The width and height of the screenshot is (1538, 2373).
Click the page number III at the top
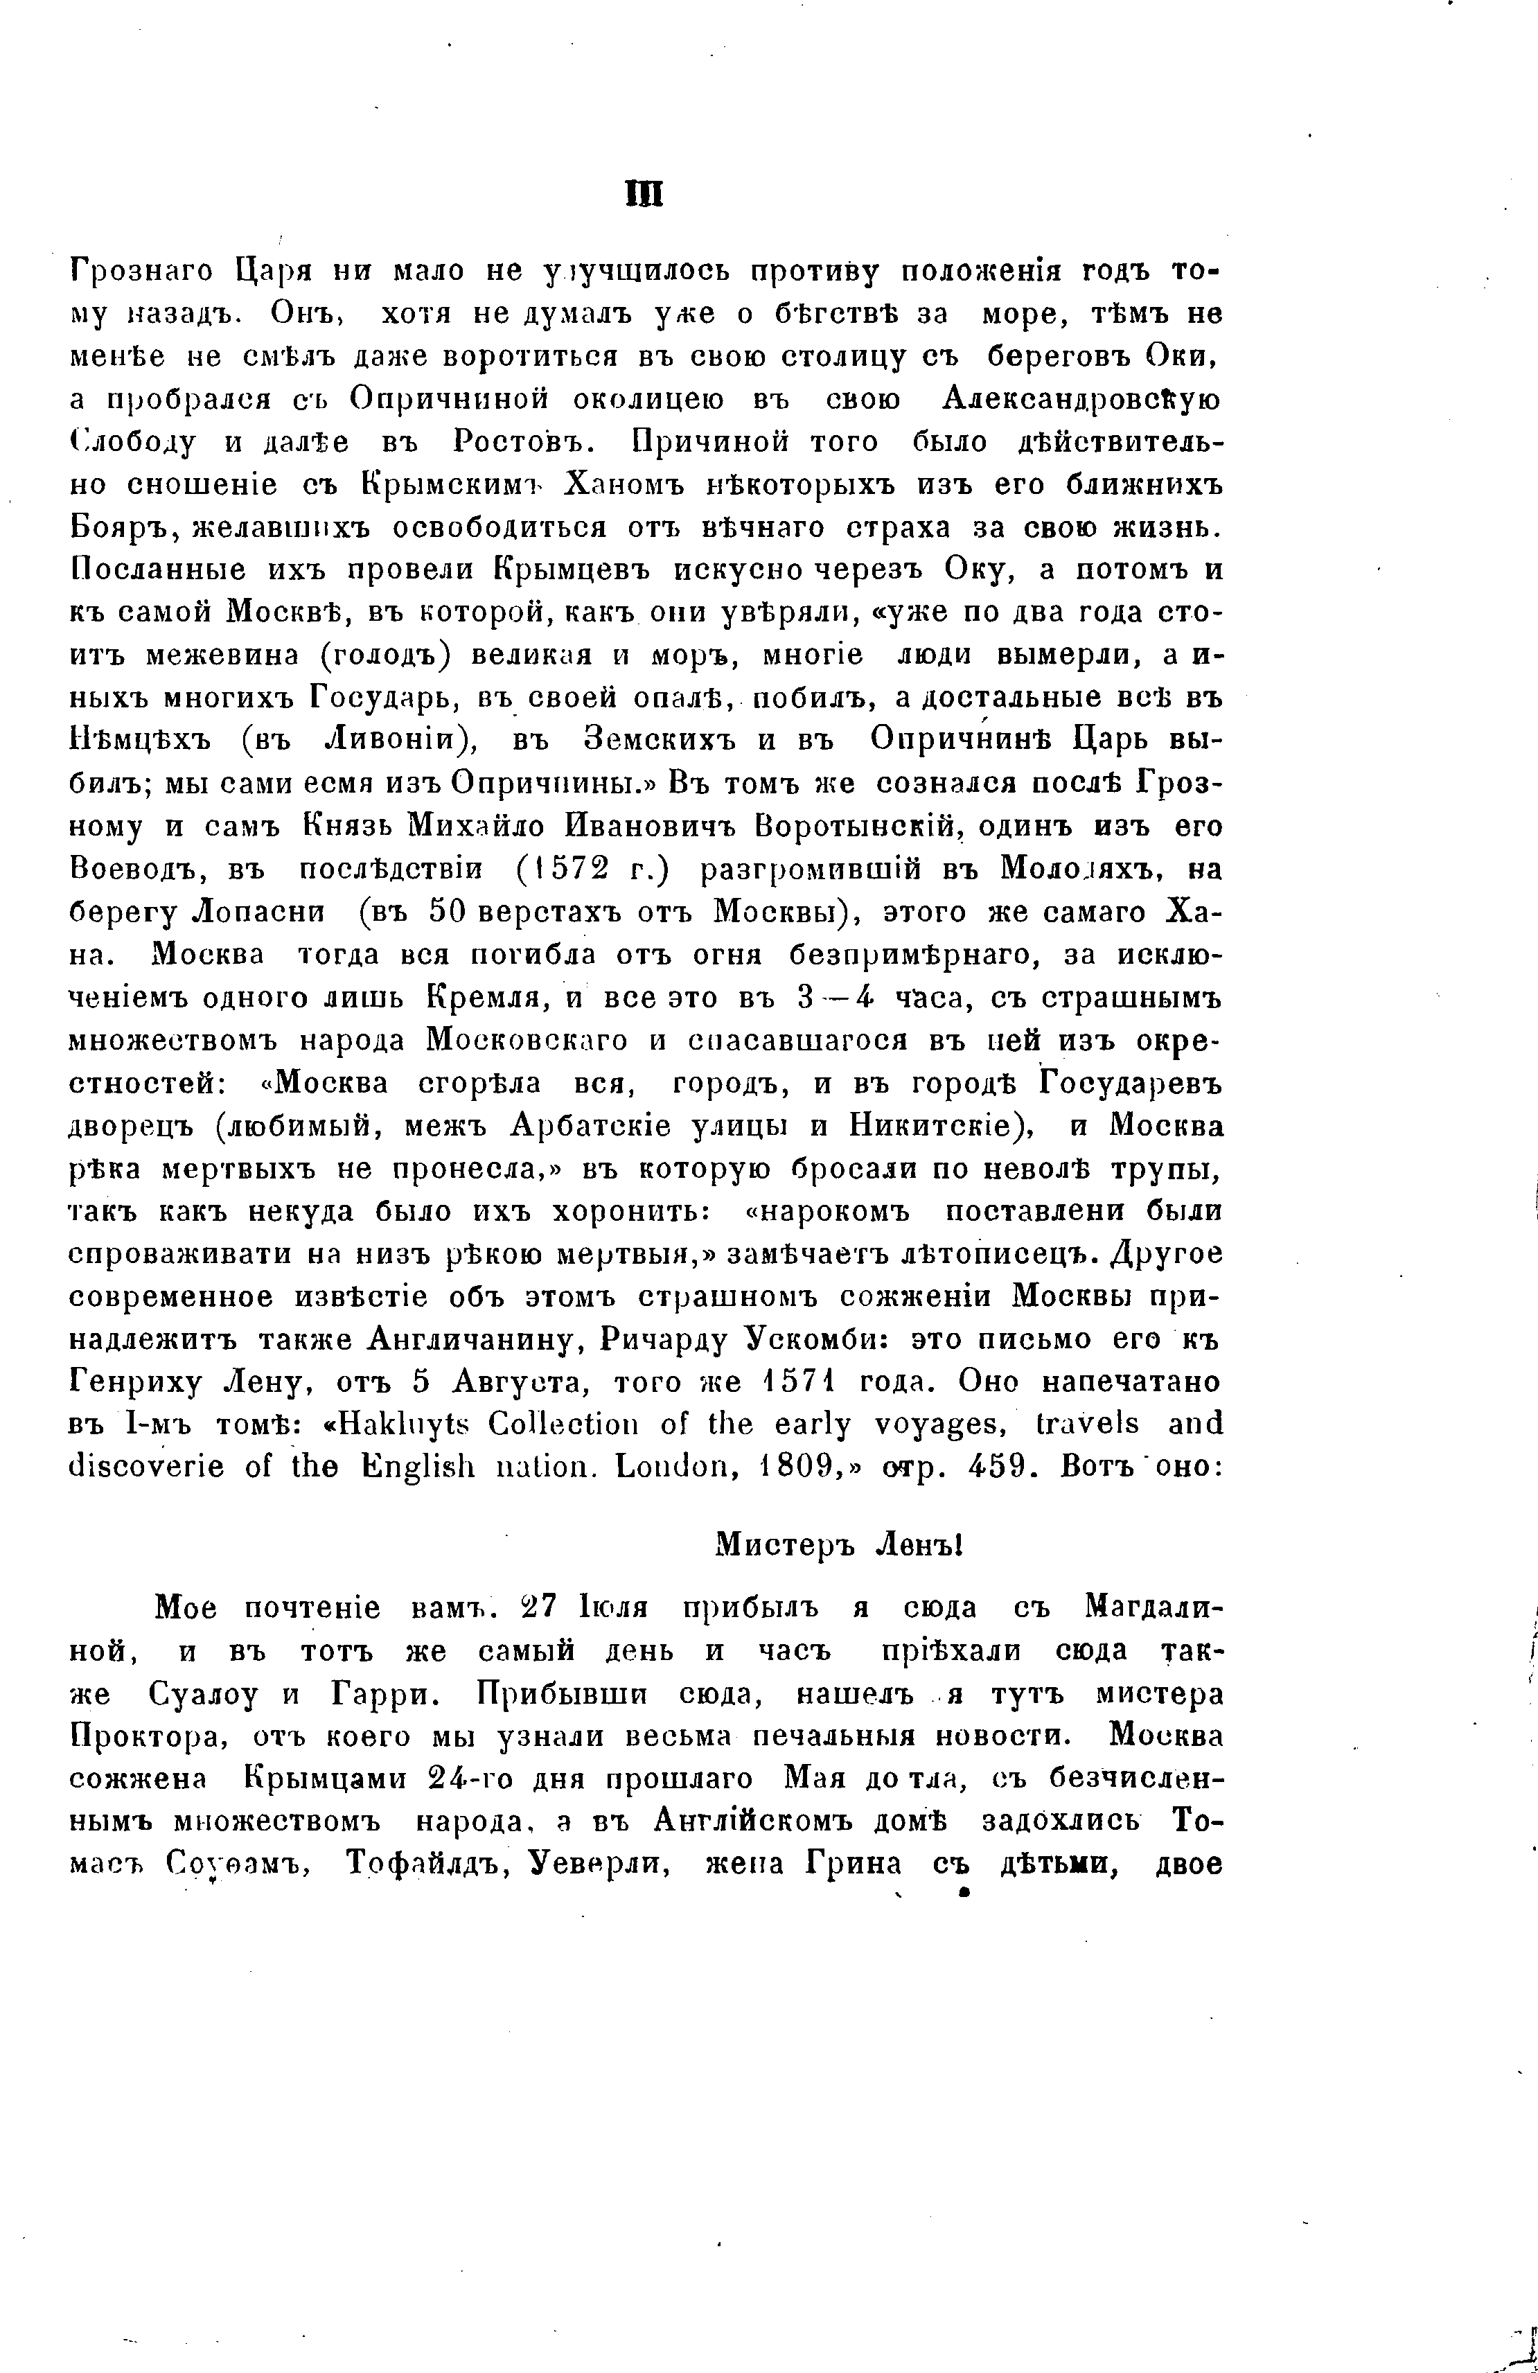tap(644, 193)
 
